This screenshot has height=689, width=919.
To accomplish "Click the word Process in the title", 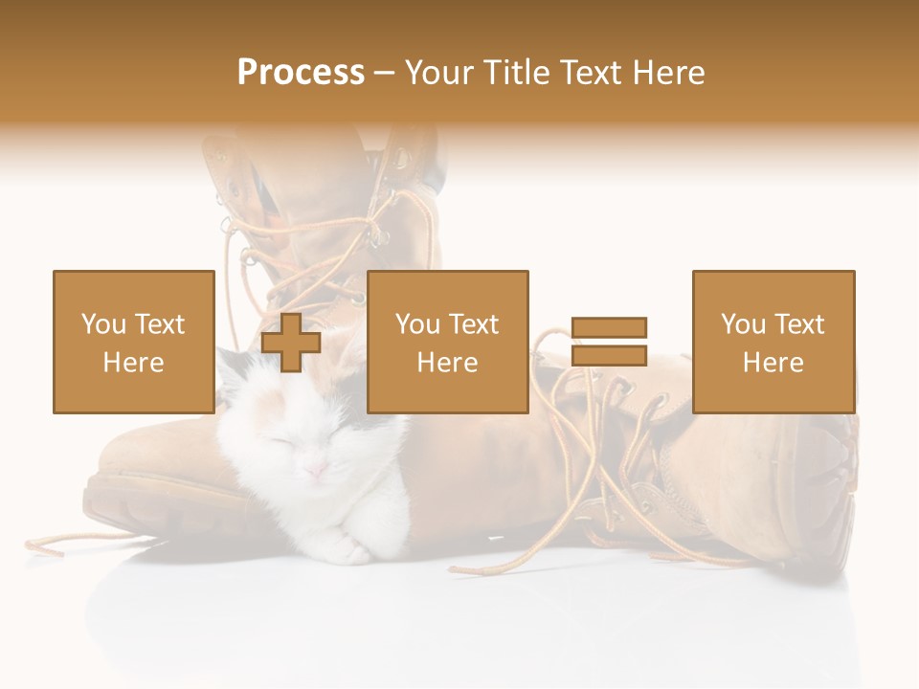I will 301,72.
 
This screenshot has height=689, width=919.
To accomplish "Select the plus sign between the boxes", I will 291,343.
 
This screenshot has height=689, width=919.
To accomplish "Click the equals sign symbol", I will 609,342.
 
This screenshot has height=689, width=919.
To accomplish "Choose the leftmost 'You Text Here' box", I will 133,342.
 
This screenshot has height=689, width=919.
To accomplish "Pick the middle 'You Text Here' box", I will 447,342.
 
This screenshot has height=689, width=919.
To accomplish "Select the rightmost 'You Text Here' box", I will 773,342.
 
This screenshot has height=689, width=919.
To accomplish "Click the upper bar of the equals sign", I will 609,328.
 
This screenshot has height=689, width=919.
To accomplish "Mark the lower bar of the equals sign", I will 609,355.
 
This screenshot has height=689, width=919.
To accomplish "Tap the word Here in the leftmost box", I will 133,362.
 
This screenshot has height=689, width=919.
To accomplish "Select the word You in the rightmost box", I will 743,324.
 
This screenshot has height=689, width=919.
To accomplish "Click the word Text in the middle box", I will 474,324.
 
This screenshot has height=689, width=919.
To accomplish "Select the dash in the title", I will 384,73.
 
